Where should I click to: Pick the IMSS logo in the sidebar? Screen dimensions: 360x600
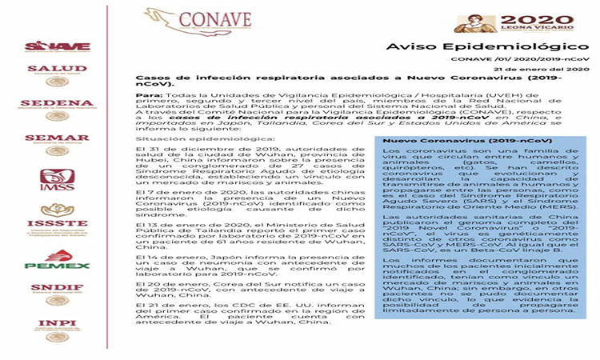(57, 182)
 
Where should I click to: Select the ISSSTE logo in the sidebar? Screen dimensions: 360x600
(57, 223)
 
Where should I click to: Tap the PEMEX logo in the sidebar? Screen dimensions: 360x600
(57, 261)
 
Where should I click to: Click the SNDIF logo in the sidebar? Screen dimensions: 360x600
(57, 294)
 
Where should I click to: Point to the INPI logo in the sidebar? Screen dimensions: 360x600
(57, 330)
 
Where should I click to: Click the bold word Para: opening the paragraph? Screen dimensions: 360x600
(150, 94)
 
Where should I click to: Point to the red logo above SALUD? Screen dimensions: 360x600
(57, 46)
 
